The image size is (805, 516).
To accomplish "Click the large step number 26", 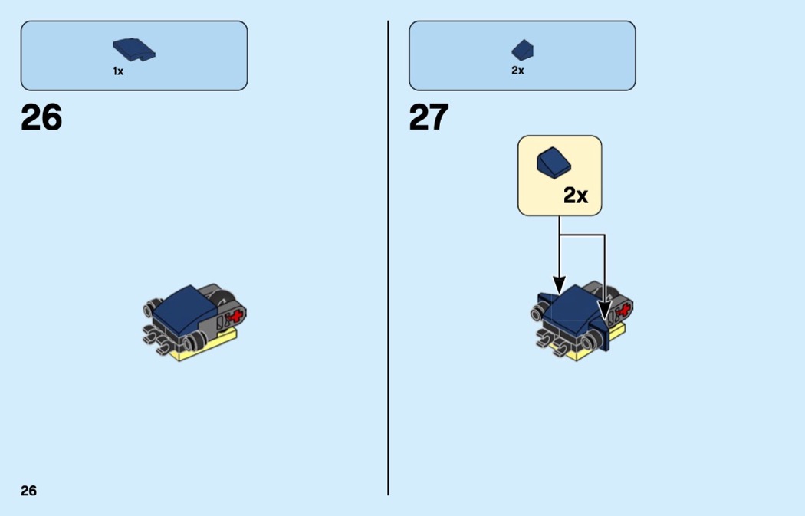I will pos(41,118).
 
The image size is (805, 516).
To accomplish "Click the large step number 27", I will pos(429,118).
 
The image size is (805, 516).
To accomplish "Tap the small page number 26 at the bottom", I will pos(28,491).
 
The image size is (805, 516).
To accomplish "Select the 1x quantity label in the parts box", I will pos(118,71).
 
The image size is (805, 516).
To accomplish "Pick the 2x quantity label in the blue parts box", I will pos(517,71).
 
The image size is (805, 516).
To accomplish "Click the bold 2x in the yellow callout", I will pos(576,196).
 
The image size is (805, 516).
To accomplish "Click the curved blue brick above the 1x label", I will pos(133,50).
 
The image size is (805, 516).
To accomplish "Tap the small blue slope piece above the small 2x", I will pos(522,50).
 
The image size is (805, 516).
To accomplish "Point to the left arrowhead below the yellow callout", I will pos(560,287).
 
